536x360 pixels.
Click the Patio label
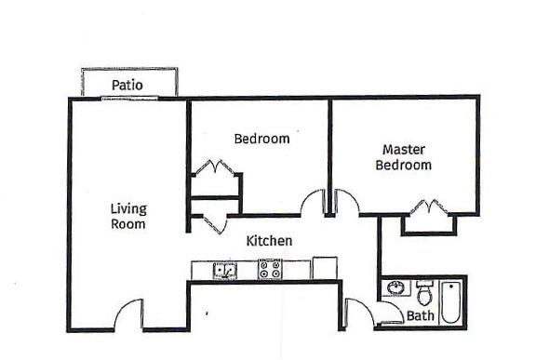[x=127, y=85]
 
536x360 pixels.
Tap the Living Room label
[x=128, y=216]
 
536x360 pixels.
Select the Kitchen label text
[x=269, y=241]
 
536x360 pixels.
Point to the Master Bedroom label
[x=403, y=157]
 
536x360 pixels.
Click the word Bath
[x=420, y=315]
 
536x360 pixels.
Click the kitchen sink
[x=225, y=270]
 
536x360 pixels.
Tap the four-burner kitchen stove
[x=270, y=269]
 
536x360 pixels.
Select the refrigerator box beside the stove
[x=325, y=268]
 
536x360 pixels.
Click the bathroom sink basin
[x=395, y=287]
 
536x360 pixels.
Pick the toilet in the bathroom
[x=424, y=293]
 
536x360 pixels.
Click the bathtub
[x=450, y=302]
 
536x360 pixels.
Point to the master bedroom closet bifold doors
[x=429, y=207]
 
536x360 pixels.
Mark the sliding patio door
[x=129, y=99]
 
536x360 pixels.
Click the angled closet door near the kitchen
[x=215, y=224]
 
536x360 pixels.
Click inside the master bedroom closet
[x=429, y=223]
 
